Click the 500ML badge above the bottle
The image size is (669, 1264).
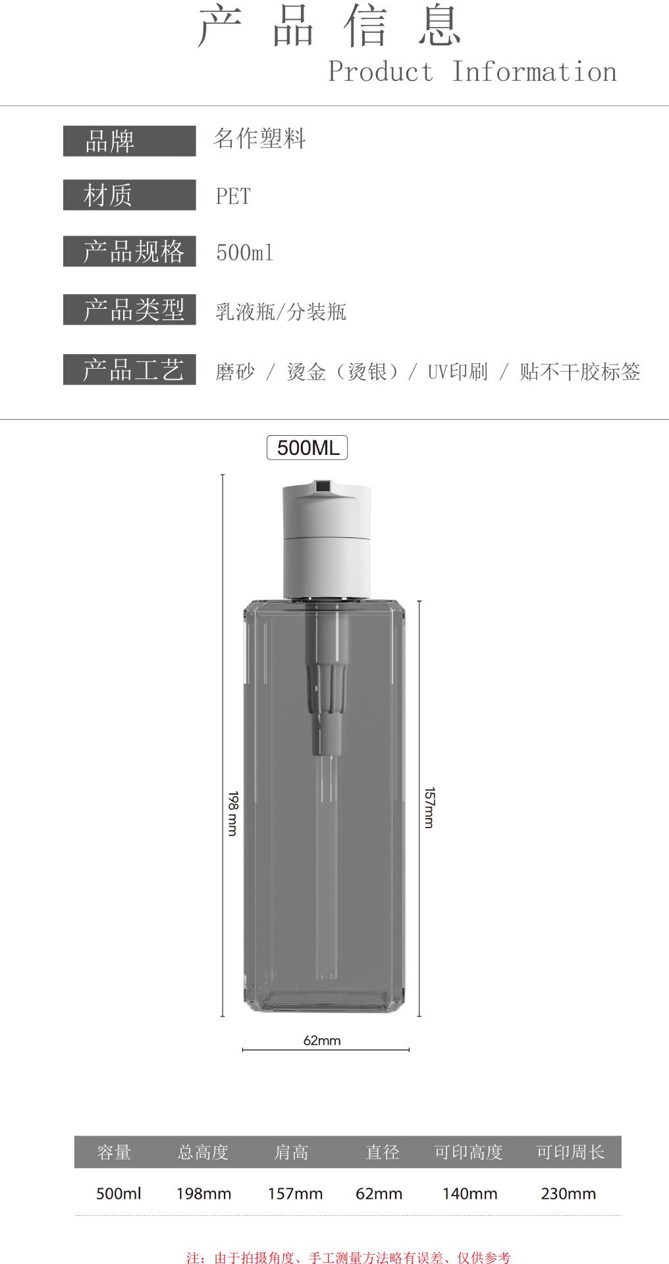click(307, 448)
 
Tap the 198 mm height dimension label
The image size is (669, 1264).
click(232, 813)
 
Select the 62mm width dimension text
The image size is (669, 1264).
click(322, 1040)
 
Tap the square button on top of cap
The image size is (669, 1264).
click(322, 487)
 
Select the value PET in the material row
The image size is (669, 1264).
click(233, 196)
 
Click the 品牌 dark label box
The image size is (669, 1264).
click(130, 141)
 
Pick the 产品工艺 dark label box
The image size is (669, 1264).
click(130, 369)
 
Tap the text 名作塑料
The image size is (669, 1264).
click(259, 139)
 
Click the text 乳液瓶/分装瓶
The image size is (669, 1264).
click(281, 311)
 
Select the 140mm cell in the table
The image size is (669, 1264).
click(469, 1193)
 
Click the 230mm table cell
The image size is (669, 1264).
click(568, 1193)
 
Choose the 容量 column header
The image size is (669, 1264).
click(114, 1152)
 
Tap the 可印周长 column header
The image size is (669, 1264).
click(570, 1152)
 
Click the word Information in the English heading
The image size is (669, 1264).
click(534, 71)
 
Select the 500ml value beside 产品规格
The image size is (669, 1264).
click(245, 253)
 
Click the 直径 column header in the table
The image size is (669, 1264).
click(383, 1152)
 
